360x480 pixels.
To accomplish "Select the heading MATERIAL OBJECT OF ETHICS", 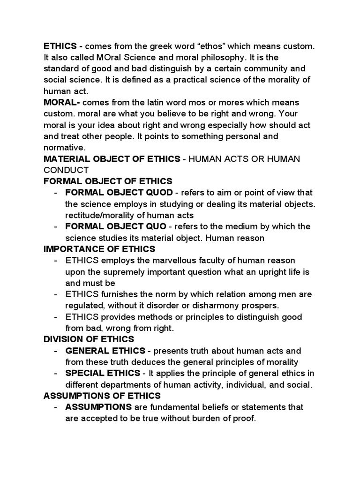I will pyautogui.click(x=112, y=159).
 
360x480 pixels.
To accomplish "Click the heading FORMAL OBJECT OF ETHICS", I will pyautogui.click(x=108, y=181).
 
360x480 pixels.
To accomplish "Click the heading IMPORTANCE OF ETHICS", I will pyautogui.click(x=99, y=248).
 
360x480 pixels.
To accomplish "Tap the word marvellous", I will pyautogui.click(x=170, y=260).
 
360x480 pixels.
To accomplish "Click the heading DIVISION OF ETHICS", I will pyautogui.click(x=89, y=339).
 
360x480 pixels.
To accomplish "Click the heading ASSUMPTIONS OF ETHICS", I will pyautogui.click(x=102, y=396).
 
